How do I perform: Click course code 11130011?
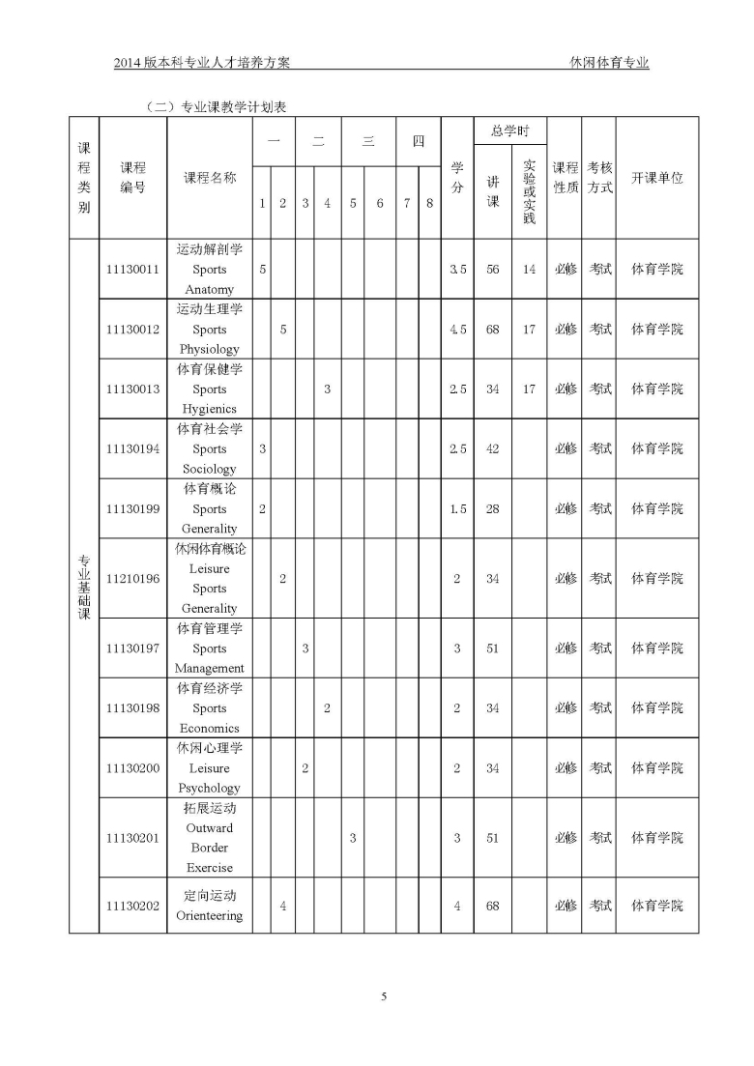click(x=132, y=270)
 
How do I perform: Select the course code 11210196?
click(x=132, y=579)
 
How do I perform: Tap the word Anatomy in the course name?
click(x=210, y=290)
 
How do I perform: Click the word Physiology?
click(x=210, y=350)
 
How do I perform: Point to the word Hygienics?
click(x=210, y=410)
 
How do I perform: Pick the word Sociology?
click(x=210, y=470)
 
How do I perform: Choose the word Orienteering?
click(x=210, y=916)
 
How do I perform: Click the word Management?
click(x=210, y=669)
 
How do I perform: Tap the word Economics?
click(x=210, y=729)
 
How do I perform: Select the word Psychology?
click(x=210, y=789)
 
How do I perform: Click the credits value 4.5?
click(x=457, y=330)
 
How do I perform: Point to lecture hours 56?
click(x=493, y=270)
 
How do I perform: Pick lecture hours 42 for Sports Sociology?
click(x=493, y=449)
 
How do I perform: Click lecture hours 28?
click(x=493, y=509)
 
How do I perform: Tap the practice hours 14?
click(x=529, y=270)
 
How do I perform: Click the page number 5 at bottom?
click(x=384, y=996)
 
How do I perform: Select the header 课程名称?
click(x=210, y=178)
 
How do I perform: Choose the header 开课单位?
click(x=657, y=178)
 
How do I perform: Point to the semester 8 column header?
click(x=429, y=204)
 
